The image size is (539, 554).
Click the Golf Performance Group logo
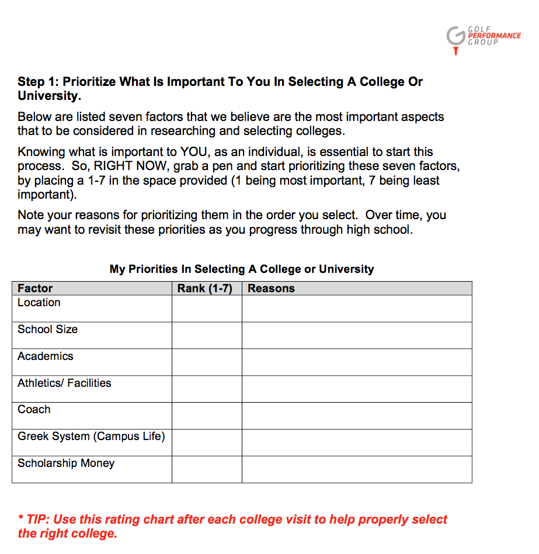[x=482, y=38]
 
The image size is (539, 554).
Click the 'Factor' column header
[x=35, y=288]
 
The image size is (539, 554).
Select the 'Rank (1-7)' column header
[x=205, y=288]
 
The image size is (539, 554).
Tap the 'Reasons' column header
[x=272, y=288]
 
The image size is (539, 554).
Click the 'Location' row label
[x=39, y=303]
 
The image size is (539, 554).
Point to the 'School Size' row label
[x=47, y=330]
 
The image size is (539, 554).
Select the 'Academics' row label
[x=46, y=356]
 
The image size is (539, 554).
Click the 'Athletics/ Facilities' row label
[x=64, y=383]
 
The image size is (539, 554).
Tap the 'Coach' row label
[x=34, y=410]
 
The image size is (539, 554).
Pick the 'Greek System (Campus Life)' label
[x=91, y=437]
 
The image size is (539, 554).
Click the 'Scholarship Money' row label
[x=66, y=463]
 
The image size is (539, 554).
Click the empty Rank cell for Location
[x=207, y=309]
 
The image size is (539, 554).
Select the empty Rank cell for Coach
[x=207, y=415]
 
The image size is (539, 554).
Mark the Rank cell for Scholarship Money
[x=207, y=469]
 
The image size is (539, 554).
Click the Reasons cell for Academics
[x=357, y=362]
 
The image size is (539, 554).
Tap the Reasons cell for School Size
[x=357, y=335]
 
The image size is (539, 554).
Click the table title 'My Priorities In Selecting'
[x=242, y=269]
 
